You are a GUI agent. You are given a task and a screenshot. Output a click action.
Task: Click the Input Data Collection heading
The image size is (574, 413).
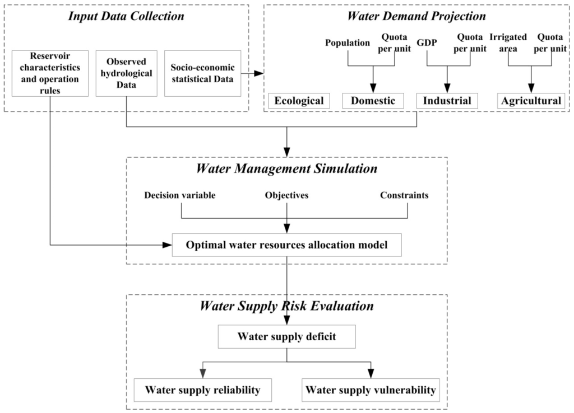pyautogui.click(x=126, y=16)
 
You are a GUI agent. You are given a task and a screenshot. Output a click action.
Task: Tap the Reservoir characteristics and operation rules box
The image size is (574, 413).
pyautogui.click(x=50, y=73)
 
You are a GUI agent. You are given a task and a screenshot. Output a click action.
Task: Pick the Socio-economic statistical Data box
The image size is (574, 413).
pyautogui.click(x=202, y=73)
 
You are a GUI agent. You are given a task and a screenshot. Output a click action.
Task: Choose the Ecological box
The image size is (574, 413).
pyautogui.click(x=299, y=101)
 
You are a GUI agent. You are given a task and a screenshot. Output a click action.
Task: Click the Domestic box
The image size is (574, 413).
pyautogui.click(x=373, y=101)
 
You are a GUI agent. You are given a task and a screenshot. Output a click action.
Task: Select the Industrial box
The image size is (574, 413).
pyautogui.click(x=447, y=101)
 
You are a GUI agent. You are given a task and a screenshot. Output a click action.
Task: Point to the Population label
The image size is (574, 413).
pyautogui.click(x=348, y=43)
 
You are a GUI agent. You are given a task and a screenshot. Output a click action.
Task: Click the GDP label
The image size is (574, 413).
pyautogui.click(x=427, y=43)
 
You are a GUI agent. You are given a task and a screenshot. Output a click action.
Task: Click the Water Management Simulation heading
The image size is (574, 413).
pyautogui.click(x=286, y=168)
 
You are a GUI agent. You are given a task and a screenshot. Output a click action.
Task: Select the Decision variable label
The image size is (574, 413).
pyautogui.click(x=179, y=195)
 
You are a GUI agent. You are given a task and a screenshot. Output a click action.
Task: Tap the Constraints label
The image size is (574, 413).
pyautogui.click(x=404, y=195)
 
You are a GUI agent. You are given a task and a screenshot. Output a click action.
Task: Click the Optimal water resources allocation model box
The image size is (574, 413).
pyautogui.click(x=286, y=245)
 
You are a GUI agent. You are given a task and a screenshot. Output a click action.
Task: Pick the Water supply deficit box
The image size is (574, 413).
pyautogui.click(x=286, y=336)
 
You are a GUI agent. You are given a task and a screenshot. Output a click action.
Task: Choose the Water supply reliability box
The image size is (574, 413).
pyautogui.click(x=202, y=389)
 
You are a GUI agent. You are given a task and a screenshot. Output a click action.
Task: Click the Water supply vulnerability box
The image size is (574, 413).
pyautogui.click(x=369, y=389)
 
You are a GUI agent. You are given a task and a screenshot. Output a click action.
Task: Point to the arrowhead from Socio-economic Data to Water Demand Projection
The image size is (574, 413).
pyautogui.click(x=260, y=73)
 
